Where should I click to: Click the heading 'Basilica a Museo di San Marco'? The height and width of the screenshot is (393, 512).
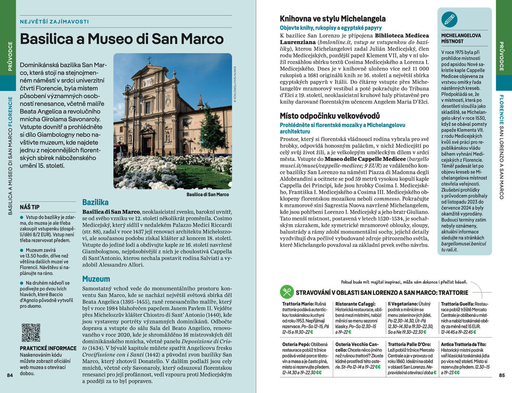[x=122, y=39]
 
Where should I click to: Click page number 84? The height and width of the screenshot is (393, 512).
[x=10, y=375]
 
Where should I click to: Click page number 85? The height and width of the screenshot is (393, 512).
[x=502, y=375]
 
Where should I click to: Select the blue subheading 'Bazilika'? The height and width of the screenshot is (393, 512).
[x=95, y=202]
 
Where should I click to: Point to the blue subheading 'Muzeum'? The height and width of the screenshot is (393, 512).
[x=96, y=279]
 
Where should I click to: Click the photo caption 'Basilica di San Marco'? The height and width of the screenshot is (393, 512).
[x=208, y=195]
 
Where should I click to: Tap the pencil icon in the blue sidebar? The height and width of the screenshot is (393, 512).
[x=449, y=19]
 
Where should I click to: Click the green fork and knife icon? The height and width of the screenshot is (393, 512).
[x=286, y=292]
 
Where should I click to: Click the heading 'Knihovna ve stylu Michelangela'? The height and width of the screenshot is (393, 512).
[x=333, y=19]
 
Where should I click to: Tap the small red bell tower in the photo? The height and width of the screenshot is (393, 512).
[x=201, y=102]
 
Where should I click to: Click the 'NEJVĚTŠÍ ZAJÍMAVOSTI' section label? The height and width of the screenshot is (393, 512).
[x=55, y=21]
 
